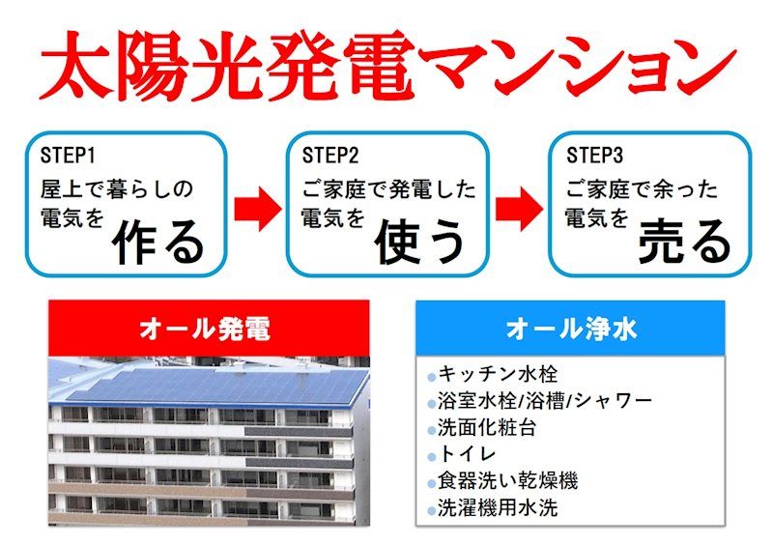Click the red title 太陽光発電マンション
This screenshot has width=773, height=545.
click(386, 65)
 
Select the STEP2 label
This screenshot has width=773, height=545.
click(330, 156)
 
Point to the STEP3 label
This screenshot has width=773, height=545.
click(594, 156)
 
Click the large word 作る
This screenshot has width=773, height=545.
click(159, 242)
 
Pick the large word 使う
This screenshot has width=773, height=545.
click(421, 242)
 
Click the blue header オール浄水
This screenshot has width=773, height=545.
click(571, 330)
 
